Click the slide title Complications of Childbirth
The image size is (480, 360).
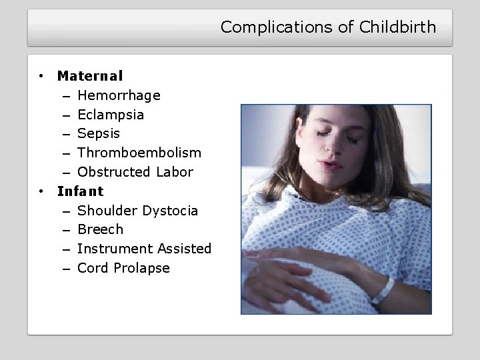pos(328,27)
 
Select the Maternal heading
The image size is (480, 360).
pos(89,76)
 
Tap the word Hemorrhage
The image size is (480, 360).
pos(119,95)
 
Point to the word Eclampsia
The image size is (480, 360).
pos(110,115)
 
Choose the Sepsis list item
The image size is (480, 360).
pos(99,133)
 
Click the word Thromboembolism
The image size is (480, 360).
pos(139,153)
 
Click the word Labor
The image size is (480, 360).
pos(174,172)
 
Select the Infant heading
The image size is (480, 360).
pos(80,191)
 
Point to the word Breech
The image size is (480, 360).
pos(100,229)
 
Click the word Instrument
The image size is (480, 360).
pos(115,249)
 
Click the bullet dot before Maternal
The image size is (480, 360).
pos(41,76)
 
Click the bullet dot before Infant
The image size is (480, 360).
pos(41,191)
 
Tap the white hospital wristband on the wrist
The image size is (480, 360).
pos(385,287)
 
